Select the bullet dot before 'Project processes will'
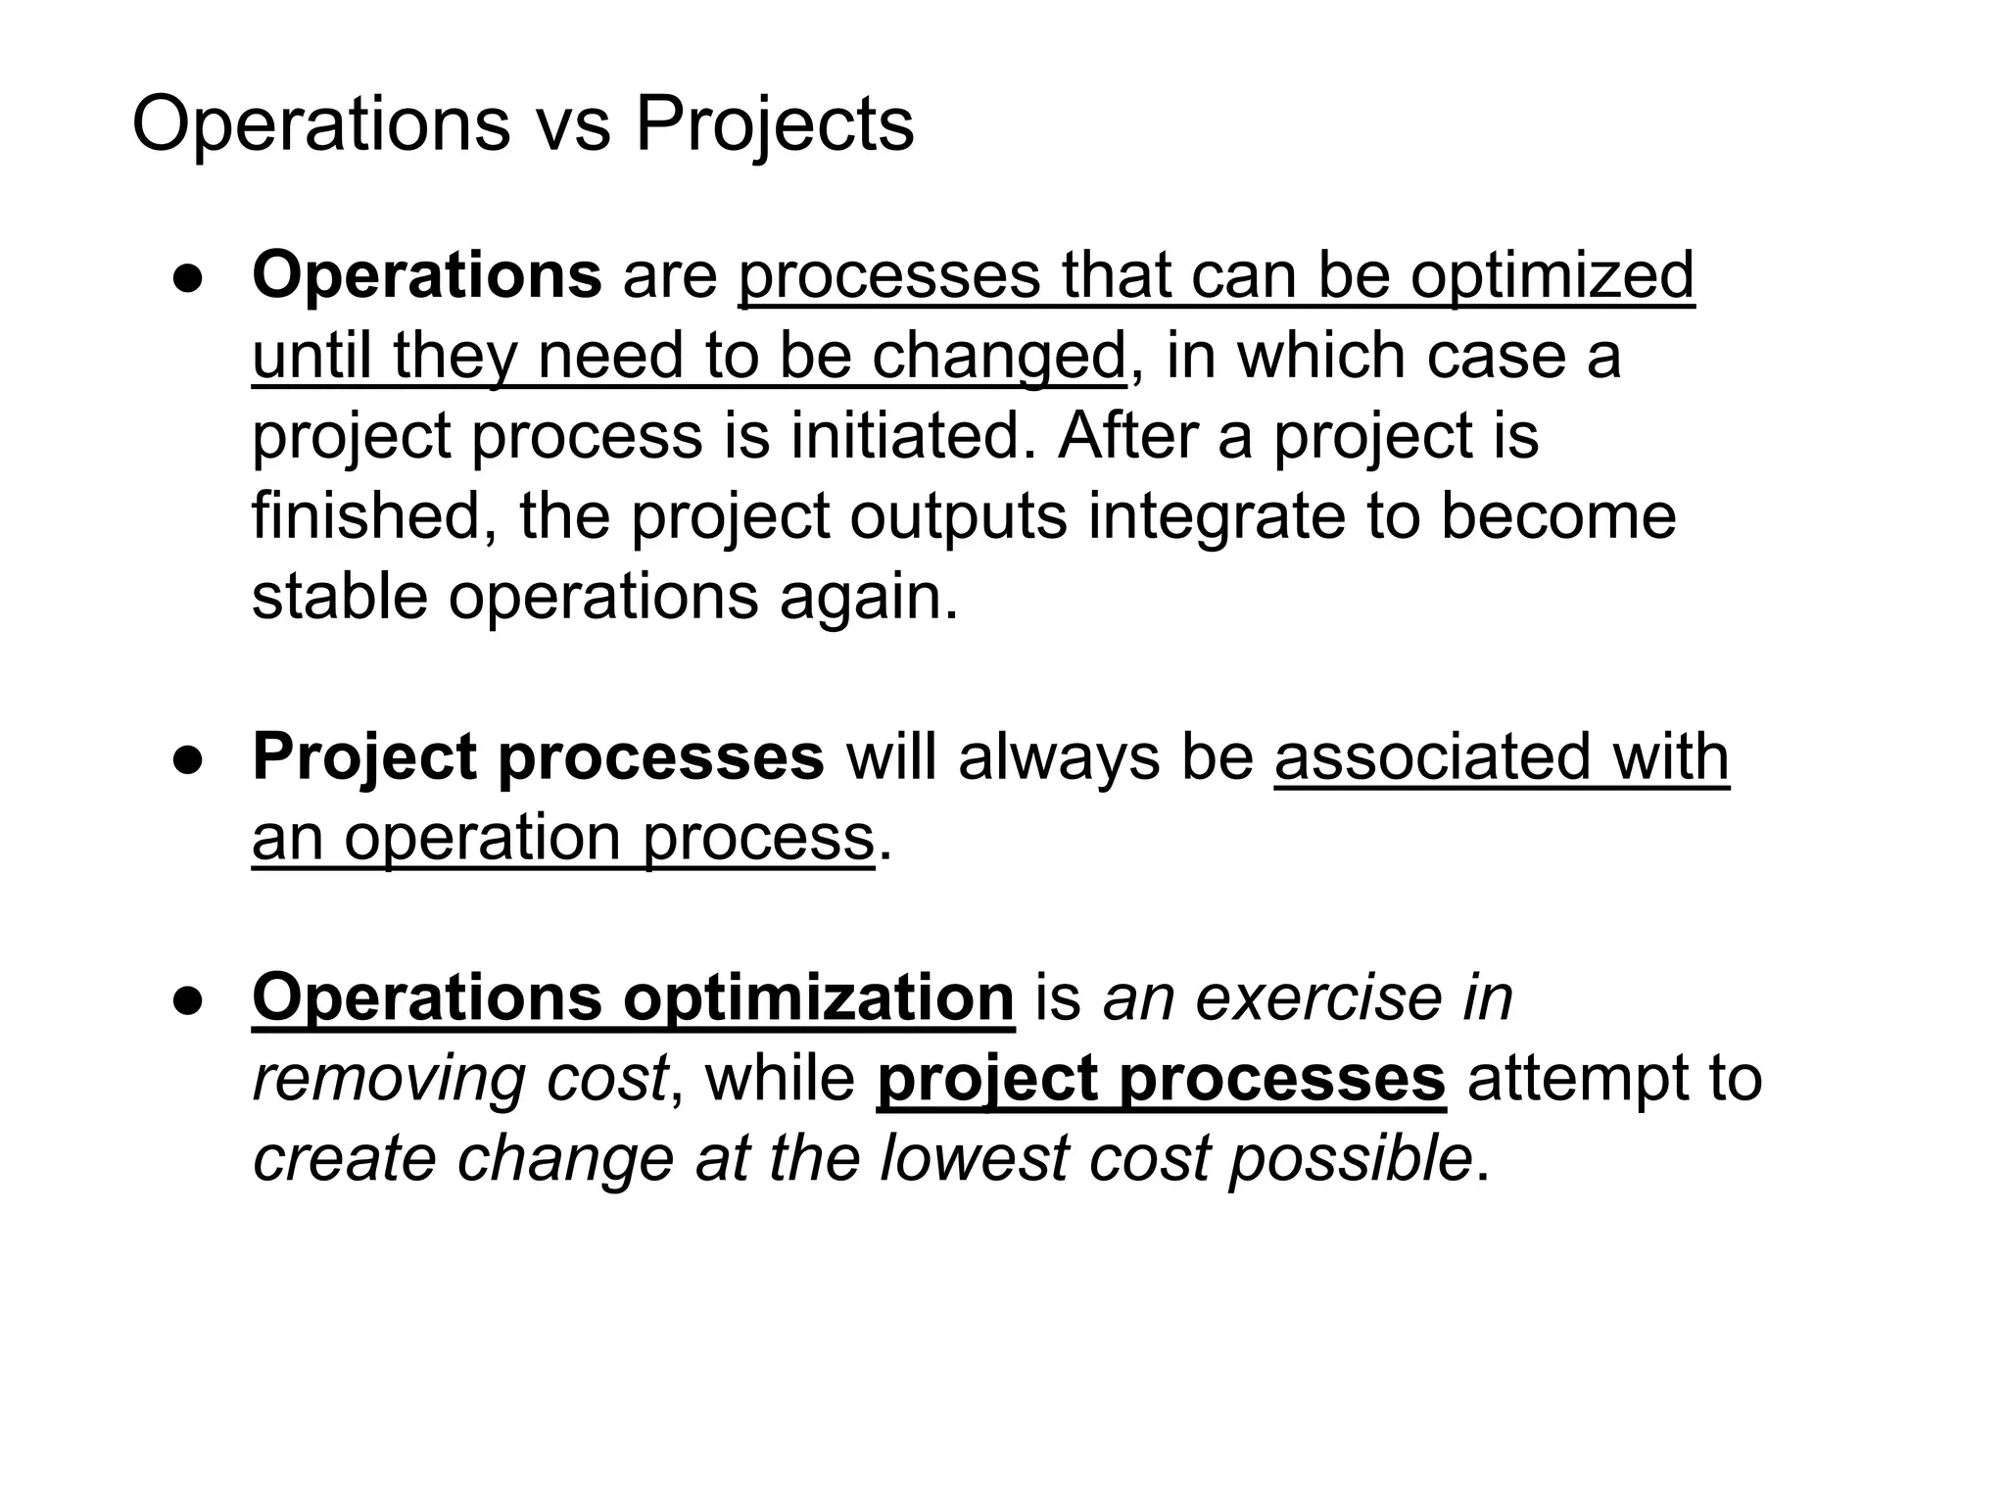(189, 759)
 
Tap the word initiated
(912, 436)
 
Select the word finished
(374, 516)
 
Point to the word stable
(340, 597)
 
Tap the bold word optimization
(818, 998)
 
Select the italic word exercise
(1318, 998)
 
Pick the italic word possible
(1351, 1159)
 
